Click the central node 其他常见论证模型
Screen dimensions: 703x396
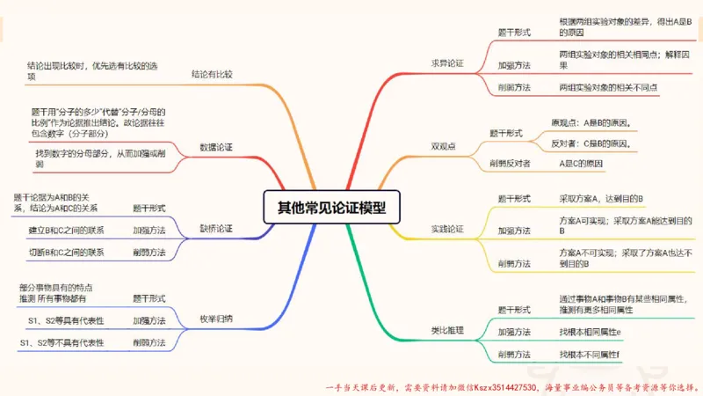click(331, 208)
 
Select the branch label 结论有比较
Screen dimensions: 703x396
click(212, 75)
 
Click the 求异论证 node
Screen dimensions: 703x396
click(447, 63)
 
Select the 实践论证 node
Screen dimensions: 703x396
click(447, 229)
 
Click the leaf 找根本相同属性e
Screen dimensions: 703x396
click(590, 332)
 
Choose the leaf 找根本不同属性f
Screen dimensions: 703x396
click(590, 354)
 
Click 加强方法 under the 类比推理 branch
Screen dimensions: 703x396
click(514, 332)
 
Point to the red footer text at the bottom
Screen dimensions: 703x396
click(511, 386)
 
